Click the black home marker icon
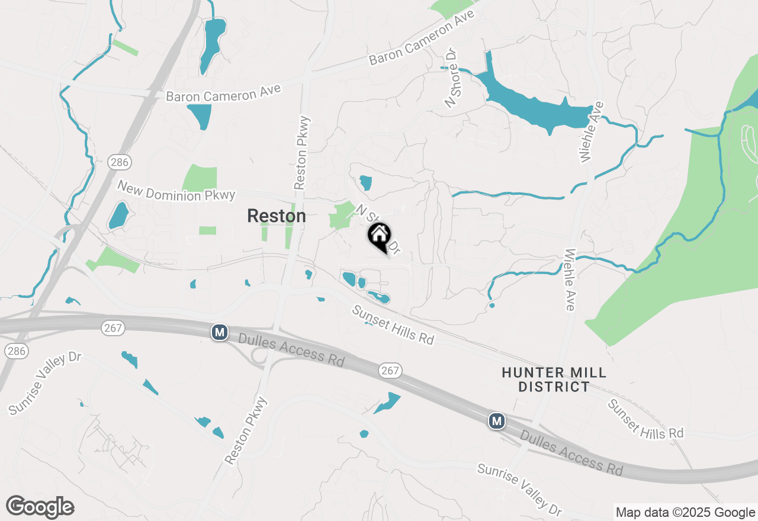pyautogui.click(x=379, y=236)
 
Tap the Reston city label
pyautogui.click(x=276, y=216)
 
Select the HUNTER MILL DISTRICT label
pyautogui.click(x=554, y=380)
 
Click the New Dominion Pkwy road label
pyautogui.click(x=176, y=191)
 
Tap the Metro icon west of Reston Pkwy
pyautogui.click(x=220, y=332)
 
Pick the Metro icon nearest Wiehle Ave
pyautogui.click(x=496, y=421)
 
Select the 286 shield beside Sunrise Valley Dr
pyautogui.click(x=17, y=351)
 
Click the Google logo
pyautogui.click(x=40, y=507)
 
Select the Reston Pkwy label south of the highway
pyautogui.click(x=246, y=430)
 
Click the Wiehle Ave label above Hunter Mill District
pyautogui.click(x=569, y=279)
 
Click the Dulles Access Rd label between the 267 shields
pyautogui.click(x=291, y=350)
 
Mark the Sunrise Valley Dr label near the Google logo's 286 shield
pyautogui.click(x=44, y=383)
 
